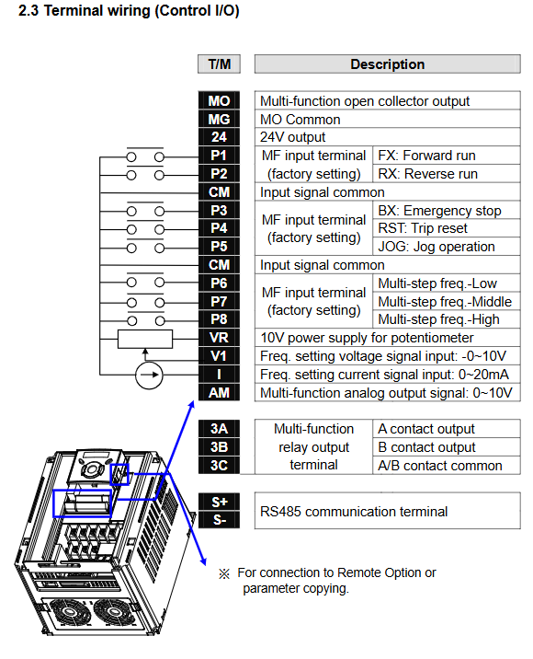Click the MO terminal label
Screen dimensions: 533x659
(219, 101)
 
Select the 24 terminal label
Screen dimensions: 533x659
(219, 137)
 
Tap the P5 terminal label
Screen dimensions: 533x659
(219, 247)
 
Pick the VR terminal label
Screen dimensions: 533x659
(219, 338)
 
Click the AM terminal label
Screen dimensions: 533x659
(219, 392)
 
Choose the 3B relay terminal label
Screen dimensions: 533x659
(219, 447)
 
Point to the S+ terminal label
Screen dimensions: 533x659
(219, 502)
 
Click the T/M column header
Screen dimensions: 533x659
(219, 64)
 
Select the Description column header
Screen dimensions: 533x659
(388, 64)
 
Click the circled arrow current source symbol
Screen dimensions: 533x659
(149, 375)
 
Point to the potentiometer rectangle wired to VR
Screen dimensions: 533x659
(145, 340)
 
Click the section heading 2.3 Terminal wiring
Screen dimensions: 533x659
(129, 10)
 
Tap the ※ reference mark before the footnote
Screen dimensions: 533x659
(224, 573)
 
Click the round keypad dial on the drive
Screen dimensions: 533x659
(91, 469)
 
